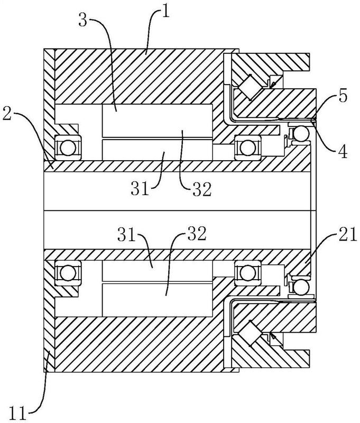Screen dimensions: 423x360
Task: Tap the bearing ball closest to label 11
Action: point(67,272)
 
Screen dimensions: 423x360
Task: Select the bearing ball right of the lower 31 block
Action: point(245,272)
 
